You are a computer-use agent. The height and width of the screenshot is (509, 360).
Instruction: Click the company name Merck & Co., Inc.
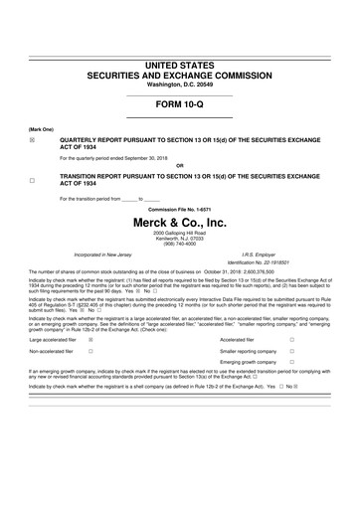coord(180,224)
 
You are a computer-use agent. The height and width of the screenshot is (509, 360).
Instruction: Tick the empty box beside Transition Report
coord(32,180)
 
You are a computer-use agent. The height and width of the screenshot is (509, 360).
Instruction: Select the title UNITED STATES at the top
coord(180,64)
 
